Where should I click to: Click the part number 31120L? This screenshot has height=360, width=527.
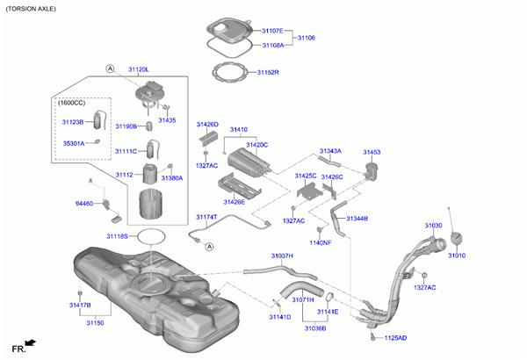(139, 68)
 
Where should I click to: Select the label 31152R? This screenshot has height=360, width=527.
(268, 72)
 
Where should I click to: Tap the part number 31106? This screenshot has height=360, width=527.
(306, 38)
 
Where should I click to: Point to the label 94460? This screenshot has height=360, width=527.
(83, 203)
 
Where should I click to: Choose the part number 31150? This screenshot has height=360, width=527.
(95, 323)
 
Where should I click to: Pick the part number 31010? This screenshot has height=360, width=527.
(457, 256)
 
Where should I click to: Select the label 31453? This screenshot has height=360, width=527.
(372, 152)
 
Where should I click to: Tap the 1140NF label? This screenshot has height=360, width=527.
(321, 242)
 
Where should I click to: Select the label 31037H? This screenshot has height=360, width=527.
(282, 256)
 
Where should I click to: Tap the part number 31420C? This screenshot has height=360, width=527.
(256, 144)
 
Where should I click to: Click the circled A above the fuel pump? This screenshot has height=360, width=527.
(111, 68)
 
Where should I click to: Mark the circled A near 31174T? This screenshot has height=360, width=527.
(210, 247)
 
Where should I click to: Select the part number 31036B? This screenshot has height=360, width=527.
(315, 328)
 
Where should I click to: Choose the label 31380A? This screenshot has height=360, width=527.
(171, 177)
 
